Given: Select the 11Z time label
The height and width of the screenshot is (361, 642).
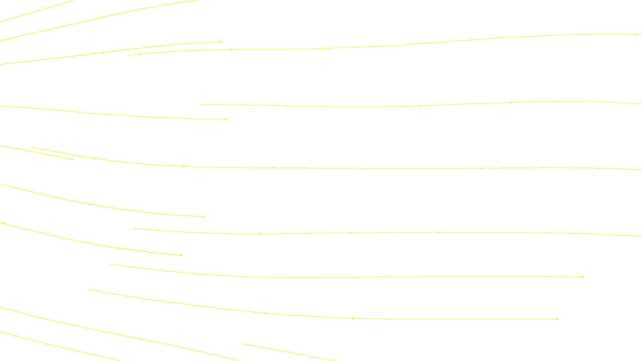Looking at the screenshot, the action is coord(304,354).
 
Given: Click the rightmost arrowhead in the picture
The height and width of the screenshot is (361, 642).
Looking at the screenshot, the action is coord(636,35).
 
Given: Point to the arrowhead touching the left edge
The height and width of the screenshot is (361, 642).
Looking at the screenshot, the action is coord(3,223).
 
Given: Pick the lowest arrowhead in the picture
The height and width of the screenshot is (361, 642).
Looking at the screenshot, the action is coord(140,339).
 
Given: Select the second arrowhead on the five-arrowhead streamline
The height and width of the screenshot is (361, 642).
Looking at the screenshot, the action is coord(184,166).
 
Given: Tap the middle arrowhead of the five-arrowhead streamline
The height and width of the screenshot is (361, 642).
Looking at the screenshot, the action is coord(274,168).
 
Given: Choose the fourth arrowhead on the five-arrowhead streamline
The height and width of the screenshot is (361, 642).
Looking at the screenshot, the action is coord(481,168).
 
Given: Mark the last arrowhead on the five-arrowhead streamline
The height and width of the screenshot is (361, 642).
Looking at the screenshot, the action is coord(597,168).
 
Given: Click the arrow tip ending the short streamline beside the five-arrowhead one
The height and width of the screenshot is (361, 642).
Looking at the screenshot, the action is coord(72,159).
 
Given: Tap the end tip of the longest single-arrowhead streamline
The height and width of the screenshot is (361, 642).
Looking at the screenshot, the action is coord(583,277).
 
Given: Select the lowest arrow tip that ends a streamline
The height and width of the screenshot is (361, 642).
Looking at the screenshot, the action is coord(558,319).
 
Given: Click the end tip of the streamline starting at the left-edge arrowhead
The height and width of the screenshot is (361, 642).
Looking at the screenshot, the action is coord(181,255).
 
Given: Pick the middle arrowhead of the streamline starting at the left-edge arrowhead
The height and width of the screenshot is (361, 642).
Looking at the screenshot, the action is coord(117,248).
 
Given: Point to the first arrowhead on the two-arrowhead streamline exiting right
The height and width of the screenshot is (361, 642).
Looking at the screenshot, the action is coord(421,106).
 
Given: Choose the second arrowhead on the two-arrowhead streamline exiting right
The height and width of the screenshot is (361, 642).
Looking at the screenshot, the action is coord(512,103).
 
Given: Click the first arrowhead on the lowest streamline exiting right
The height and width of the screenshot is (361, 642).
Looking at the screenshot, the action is coord(158,230).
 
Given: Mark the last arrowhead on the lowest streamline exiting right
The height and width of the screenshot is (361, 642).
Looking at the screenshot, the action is coord(440,232).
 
